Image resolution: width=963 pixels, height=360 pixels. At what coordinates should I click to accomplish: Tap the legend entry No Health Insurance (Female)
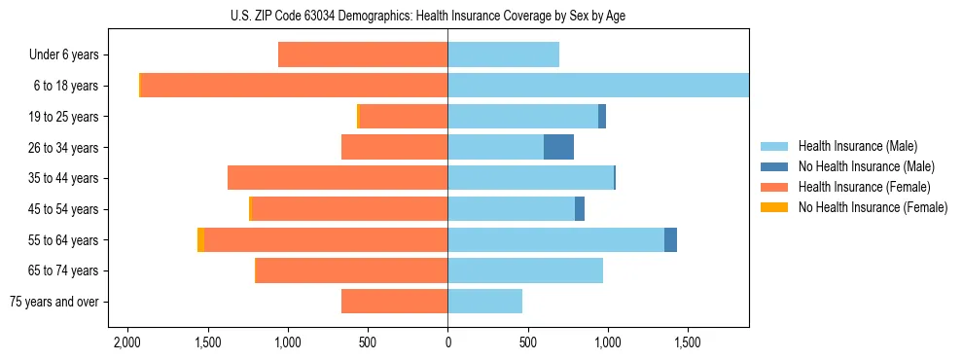(872, 207)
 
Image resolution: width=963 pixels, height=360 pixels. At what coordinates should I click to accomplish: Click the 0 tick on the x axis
(447, 343)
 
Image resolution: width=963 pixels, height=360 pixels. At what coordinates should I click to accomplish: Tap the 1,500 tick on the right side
(688, 343)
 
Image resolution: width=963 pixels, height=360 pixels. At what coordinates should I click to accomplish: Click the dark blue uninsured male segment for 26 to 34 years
(558, 147)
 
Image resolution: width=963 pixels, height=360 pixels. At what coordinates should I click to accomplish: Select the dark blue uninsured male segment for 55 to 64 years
(670, 239)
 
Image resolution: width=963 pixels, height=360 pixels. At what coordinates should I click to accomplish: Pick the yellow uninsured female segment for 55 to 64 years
(200, 239)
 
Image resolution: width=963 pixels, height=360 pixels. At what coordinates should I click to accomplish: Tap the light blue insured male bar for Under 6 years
(503, 54)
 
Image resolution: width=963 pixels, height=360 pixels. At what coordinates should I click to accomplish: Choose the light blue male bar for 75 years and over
(484, 302)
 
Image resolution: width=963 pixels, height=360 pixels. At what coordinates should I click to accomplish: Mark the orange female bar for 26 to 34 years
(394, 147)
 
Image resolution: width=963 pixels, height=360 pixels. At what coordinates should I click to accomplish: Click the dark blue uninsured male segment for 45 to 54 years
(580, 209)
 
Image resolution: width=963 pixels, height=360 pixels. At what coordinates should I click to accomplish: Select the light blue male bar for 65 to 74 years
(525, 270)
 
